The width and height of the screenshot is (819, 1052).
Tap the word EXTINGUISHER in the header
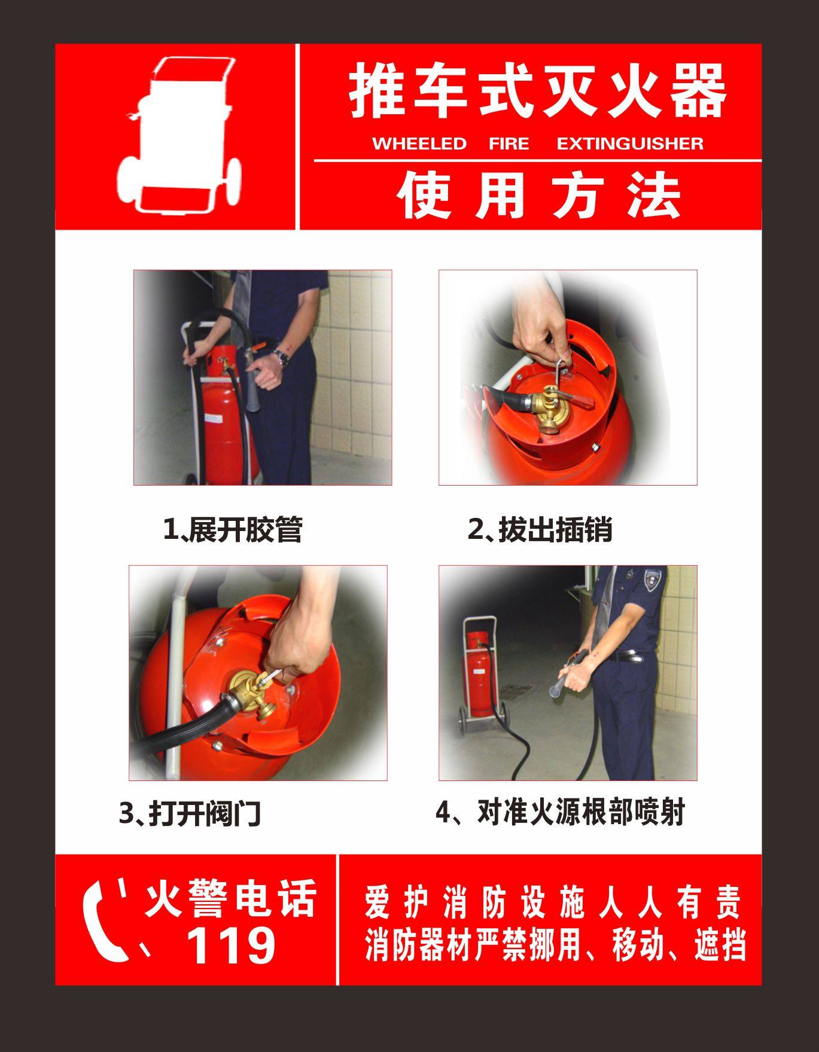click(x=629, y=144)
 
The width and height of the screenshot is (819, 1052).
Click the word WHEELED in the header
click(x=419, y=144)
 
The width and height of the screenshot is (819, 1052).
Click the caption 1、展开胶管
click(x=233, y=529)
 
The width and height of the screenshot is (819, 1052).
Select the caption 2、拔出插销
click(x=540, y=529)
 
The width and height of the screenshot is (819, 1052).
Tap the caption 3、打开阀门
click(x=190, y=813)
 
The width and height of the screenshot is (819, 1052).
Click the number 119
click(x=230, y=945)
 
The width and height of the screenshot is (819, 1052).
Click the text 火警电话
click(x=230, y=898)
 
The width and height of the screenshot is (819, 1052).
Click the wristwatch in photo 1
click(x=282, y=358)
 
